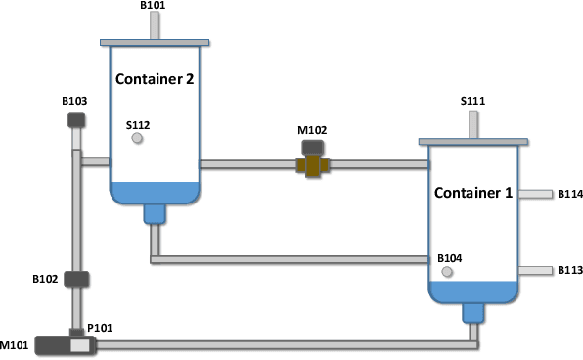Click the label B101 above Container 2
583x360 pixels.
153,5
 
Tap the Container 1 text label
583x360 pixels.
473,192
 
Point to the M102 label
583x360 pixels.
313,130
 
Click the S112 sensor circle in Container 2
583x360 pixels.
137,139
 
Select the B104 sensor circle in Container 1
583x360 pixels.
447,271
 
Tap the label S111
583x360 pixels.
473,101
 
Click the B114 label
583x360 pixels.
570,194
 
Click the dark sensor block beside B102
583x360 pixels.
77,279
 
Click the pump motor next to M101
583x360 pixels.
54,344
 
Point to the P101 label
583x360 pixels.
101,328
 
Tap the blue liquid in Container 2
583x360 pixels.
155,192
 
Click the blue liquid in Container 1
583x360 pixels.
473,292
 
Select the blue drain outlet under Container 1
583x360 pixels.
473,312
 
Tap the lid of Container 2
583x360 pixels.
155,42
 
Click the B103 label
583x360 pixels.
75,101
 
